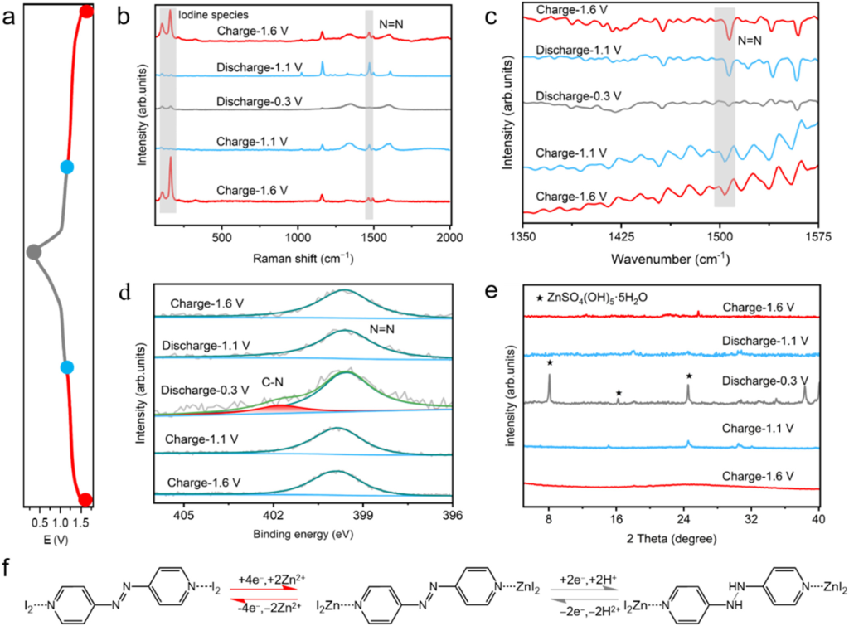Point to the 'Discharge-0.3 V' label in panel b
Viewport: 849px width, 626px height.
260,102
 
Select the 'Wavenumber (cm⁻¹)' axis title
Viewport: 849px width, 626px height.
670,258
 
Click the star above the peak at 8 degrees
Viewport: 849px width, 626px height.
549,362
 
